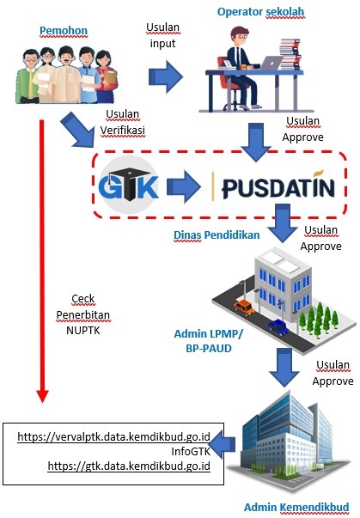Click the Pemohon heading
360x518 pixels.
(64, 31)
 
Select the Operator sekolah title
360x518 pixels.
(260, 12)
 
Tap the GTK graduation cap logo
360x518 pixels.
(129, 185)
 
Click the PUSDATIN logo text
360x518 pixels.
(278, 187)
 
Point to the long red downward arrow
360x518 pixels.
(42, 261)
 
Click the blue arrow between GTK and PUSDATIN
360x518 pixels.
(184, 186)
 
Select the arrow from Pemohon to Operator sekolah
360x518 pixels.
(166, 77)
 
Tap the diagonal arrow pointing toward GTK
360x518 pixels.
(78, 130)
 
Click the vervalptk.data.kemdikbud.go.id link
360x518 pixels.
(113, 436)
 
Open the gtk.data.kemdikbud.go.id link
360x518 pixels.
(129, 466)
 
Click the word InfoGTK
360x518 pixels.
(191, 451)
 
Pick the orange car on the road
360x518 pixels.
(244, 308)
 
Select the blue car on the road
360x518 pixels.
(278, 327)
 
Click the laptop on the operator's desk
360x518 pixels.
(272, 63)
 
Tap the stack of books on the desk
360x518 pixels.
(290, 54)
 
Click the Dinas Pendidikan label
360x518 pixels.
(217, 235)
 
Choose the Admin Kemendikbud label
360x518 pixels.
(296, 507)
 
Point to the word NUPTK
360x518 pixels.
(82, 331)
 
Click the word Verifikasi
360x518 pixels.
(123, 131)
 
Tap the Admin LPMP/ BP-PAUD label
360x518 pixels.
(209, 340)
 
